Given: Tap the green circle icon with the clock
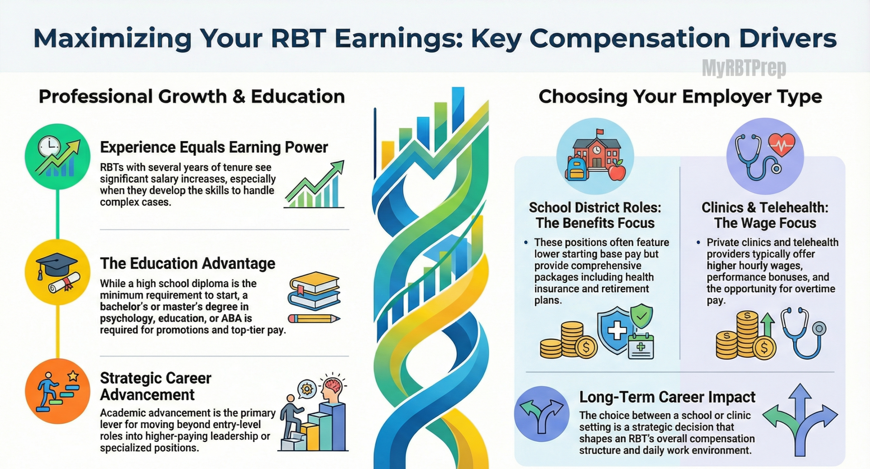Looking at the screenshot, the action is coord(58,156).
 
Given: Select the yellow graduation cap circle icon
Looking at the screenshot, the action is coord(58,272).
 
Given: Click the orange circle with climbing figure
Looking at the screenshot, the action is coord(58,391).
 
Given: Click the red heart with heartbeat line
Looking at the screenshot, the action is coord(782,144).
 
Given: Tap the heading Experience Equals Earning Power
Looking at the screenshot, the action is coord(214,147).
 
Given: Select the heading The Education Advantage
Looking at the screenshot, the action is coord(188,263).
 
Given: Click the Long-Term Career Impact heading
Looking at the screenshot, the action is coord(667,397).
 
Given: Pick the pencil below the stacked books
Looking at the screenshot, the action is coord(314,319).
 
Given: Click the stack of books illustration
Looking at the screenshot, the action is coord(314,291).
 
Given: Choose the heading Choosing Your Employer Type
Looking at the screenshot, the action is coord(680,97).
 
